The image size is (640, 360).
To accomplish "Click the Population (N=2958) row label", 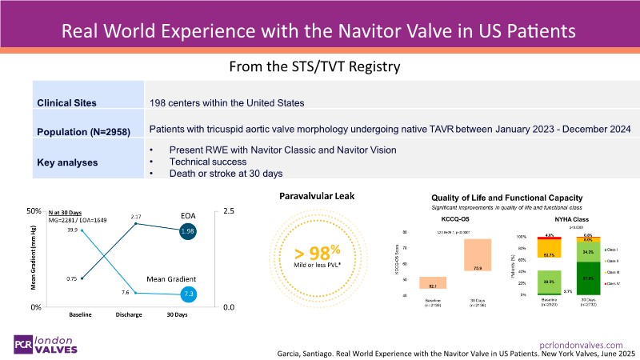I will (82, 130).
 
